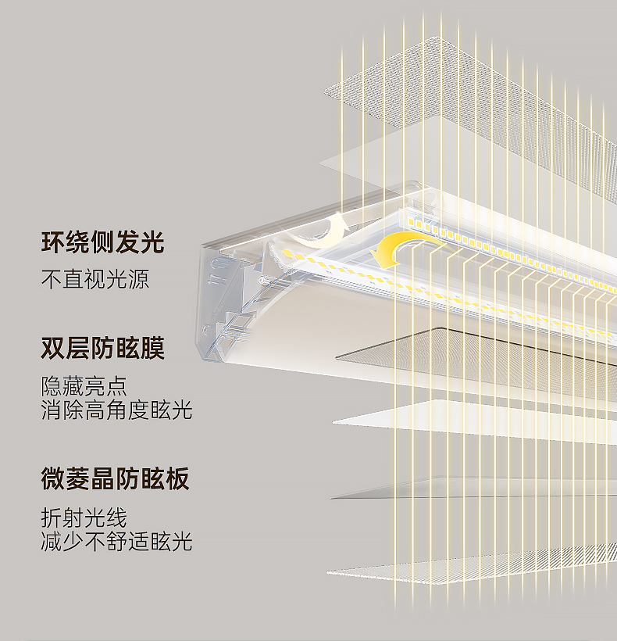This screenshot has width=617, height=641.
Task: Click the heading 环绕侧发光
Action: click(x=103, y=242)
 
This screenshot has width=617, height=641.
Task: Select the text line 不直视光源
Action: click(x=95, y=279)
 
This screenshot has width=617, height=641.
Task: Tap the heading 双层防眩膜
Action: click(x=103, y=348)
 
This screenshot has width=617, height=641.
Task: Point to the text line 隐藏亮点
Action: click(x=84, y=386)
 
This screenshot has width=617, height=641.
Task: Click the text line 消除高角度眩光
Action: click(x=116, y=410)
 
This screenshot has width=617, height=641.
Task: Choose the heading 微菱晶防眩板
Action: click(x=115, y=478)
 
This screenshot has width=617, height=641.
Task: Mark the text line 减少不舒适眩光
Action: click(x=116, y=542)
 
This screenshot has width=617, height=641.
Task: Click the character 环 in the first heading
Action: click(x=53, y=242)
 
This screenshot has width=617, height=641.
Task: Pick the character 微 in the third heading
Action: click(x=53, y=478)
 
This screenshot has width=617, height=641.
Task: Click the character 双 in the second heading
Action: click(x=53, y=348)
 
